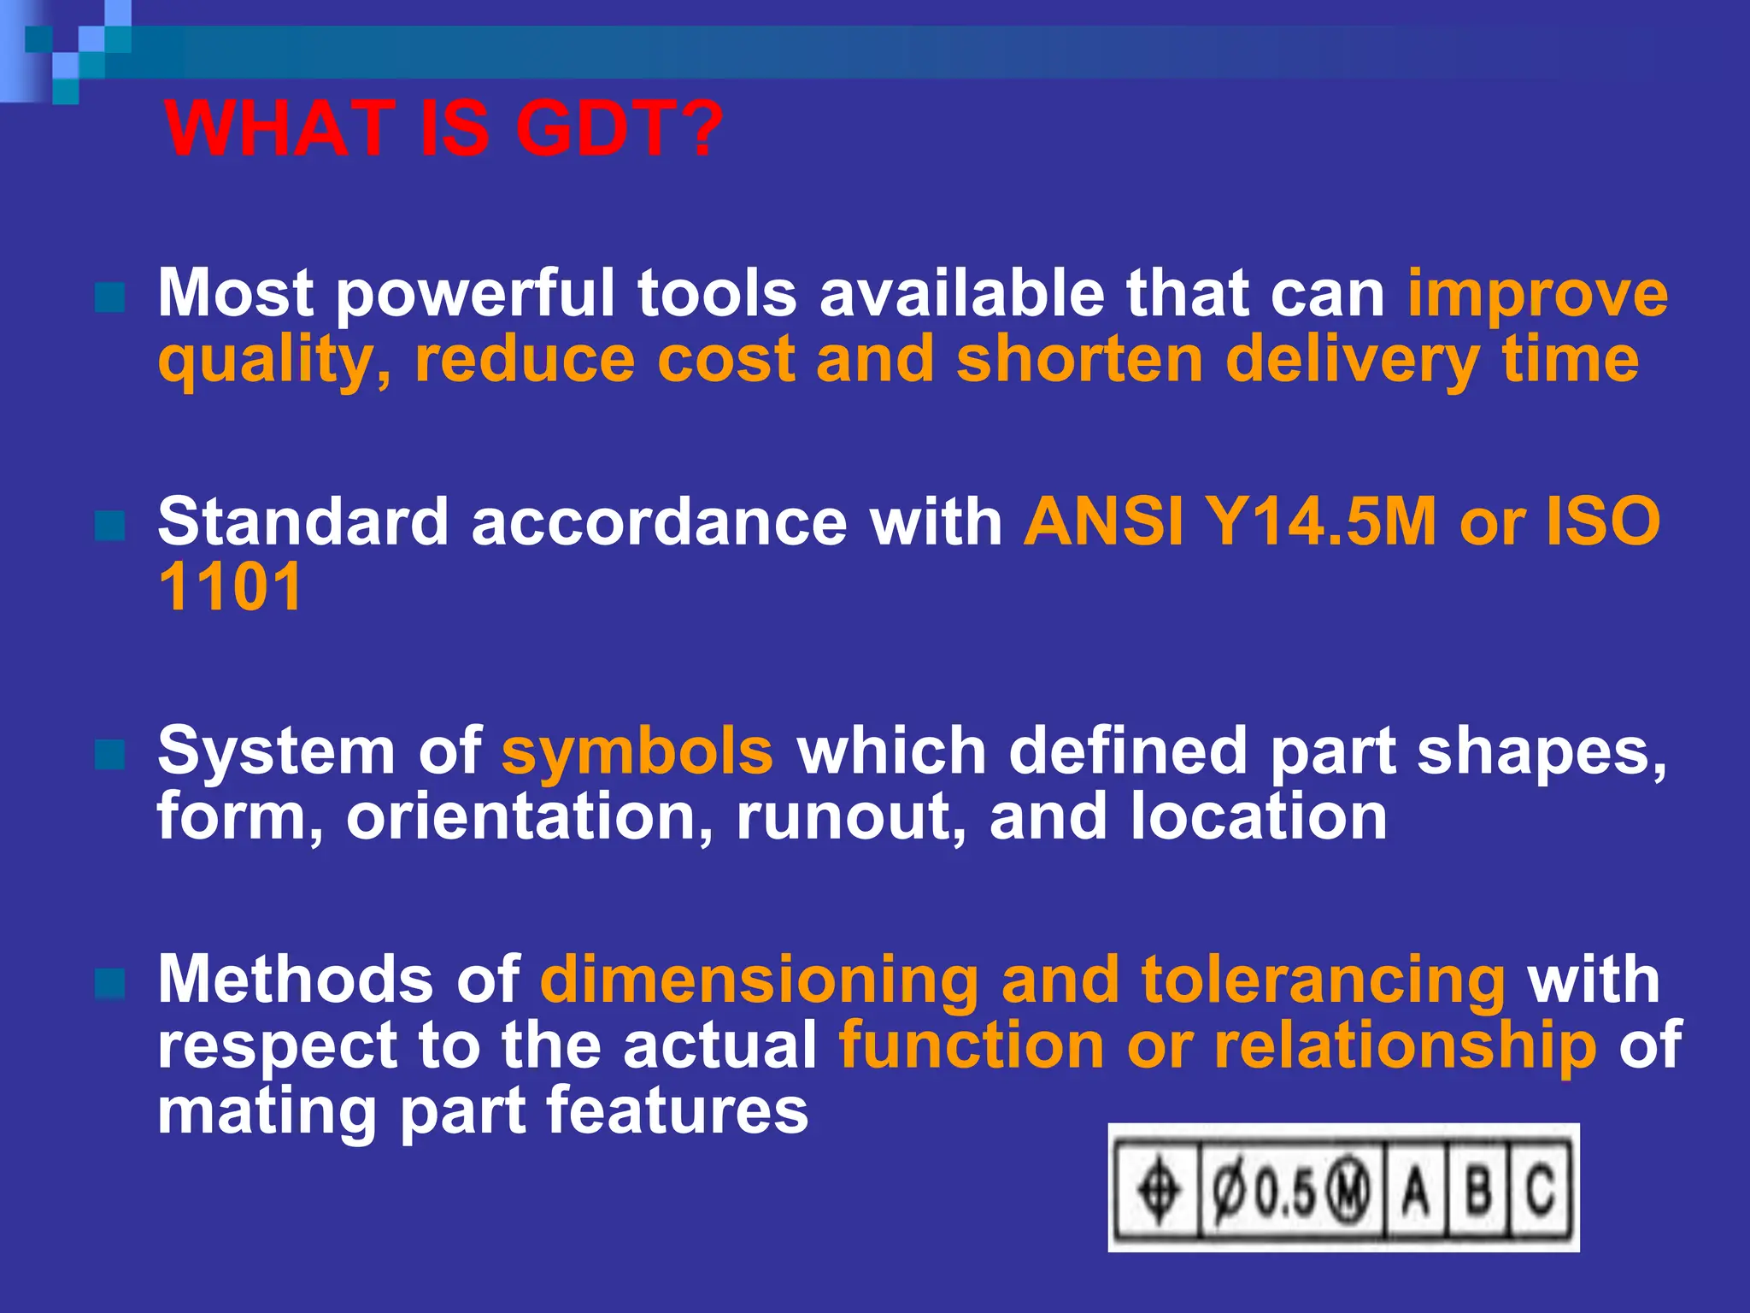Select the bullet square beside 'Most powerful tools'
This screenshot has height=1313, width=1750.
[x=110, y=298]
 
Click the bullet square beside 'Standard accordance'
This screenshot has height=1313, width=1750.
[x=110, y=527]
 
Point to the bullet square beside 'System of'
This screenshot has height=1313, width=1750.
[x=110, y=755]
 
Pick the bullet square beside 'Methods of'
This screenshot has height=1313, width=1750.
[x=110, y=984]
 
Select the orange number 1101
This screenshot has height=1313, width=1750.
[x=231, y=587]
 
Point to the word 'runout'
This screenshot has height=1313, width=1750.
[x=851, y=816]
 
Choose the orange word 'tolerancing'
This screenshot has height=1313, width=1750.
[x=1323, y=980]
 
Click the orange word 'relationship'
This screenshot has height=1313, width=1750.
[x=1405, y=1045]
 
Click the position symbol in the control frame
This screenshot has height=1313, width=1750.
[x=1159, y=1189]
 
